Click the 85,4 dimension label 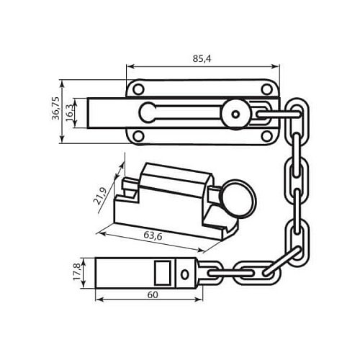[x=202, y=58]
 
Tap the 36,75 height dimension [x=56, y=108]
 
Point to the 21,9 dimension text [x=100, y=196]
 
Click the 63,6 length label [x=153, y=236]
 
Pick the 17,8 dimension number [x=77, y=272]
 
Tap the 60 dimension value [x=153, y=294]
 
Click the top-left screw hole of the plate [x=138, y=89]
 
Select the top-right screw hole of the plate [x=266, y=89]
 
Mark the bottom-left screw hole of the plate [x=138, y=136]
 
